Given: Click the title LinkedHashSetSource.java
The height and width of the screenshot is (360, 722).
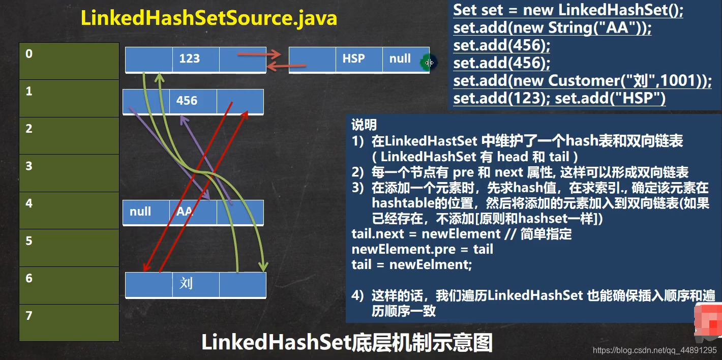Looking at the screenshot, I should tap(208, 18).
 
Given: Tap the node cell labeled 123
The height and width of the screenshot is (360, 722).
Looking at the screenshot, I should tap(195, 59).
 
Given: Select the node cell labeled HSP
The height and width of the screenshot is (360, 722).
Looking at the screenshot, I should tap(359, 59).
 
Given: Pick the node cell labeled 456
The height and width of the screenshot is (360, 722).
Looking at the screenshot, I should tap(192, 101).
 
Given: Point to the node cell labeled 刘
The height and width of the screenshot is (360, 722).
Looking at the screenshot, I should tap(195, 284).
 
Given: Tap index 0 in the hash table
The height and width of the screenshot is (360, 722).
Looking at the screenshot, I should tap(69, 61).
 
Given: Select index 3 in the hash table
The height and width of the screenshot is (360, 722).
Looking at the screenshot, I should tap(69, 173).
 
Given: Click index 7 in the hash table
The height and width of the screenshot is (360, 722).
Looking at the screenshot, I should tap(69, 322).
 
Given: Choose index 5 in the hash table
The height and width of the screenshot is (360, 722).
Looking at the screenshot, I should tap(69, 248).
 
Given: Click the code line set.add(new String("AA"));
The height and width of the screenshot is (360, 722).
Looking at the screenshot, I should tap(552, 27).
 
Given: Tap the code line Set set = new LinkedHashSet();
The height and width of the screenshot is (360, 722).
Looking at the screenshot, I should tap(568, 10).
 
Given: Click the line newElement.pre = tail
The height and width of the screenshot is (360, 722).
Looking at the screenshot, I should tap(422, 249).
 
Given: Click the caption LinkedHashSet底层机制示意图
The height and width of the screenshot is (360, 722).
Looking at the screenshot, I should tap(347, 343).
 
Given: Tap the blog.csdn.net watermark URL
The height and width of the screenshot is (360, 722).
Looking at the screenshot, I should tap(654, 350).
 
